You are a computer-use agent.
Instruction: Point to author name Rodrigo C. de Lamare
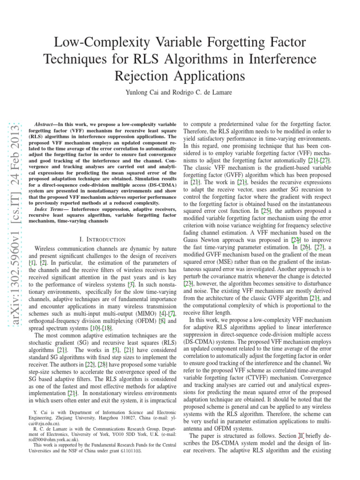[x=205, y=93]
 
